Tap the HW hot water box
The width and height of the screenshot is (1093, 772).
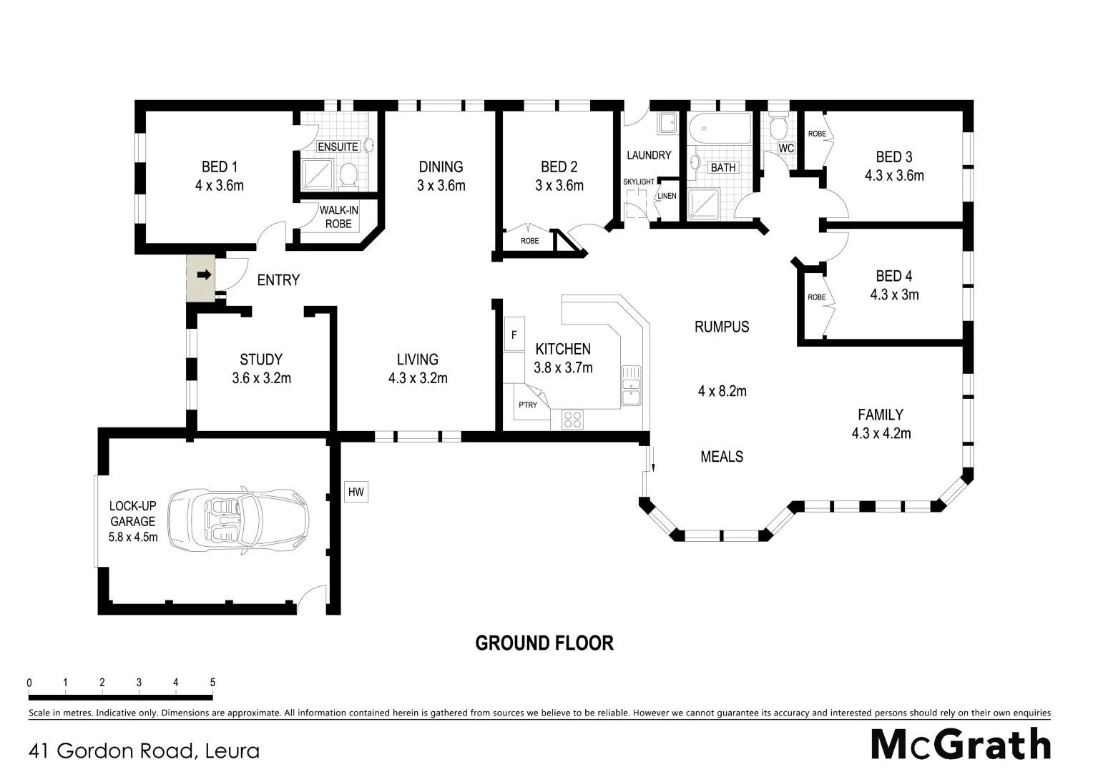click(x=356, y=492)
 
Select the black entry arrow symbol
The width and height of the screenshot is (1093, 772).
click(x=205, y=274)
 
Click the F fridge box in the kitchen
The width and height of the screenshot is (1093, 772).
click(x=514, y=335)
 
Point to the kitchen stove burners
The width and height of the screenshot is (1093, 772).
click(x=572, y=419)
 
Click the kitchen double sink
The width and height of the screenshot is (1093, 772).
click(x=631, y=385)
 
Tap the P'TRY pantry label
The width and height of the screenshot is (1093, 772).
click(x=528, y=405)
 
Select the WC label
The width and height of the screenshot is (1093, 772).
click(x=786, y=148)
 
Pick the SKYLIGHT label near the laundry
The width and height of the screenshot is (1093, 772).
click(x=638, y=182)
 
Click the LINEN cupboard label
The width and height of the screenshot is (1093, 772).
click(x=667, y=196)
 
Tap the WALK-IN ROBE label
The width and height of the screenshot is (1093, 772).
click(x=338, y=217)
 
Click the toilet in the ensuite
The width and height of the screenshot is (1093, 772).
click(x=349, y=174)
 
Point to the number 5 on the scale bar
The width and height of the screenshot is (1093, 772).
click(x=212, y=683)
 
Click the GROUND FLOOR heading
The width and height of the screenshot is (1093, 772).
click(x=544, y=643)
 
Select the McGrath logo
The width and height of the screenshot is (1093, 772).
click(x=961, y=745)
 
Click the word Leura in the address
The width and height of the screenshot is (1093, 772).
click(x=232, y=751)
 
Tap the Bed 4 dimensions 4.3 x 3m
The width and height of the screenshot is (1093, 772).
click(x=894, y=295)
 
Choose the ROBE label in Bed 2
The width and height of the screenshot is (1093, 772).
click(x=530, y=241)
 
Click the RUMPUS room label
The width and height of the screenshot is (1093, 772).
click(x=722, y=327)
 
